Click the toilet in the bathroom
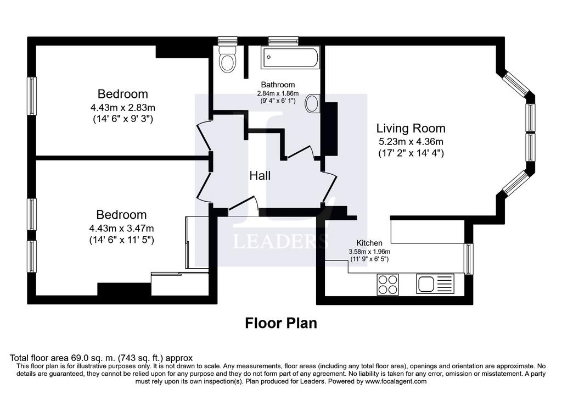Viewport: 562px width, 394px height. click(x=228, y=59)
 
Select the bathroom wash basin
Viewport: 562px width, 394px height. click(x=312, y=103)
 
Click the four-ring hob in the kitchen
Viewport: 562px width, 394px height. click(x=388, y=285)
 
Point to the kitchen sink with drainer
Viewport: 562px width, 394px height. click(x=435, y=284)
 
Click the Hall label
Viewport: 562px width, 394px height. click(x=260, y=176)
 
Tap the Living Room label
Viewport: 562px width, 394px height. click(x=411, y=128)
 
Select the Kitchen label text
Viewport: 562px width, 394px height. click(x=369, y=243)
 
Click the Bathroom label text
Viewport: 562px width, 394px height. click(x=278, y=85)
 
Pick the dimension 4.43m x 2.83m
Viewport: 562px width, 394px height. click(x=122, y=107)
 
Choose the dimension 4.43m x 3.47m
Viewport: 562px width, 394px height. click(x=121, y=228)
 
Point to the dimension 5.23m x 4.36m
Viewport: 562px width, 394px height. click(x=411, y=141)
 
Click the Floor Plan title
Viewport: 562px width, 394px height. click(x=281, y=323)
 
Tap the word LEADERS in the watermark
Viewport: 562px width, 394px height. click(x=280, y=241)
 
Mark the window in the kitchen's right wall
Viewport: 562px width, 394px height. click(x=469, y=258)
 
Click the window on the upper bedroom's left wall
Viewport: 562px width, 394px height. click(x=32, y=96)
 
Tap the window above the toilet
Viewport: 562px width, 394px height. click(x=228, y=41)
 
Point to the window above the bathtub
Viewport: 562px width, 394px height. click(x=284, y=41)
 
